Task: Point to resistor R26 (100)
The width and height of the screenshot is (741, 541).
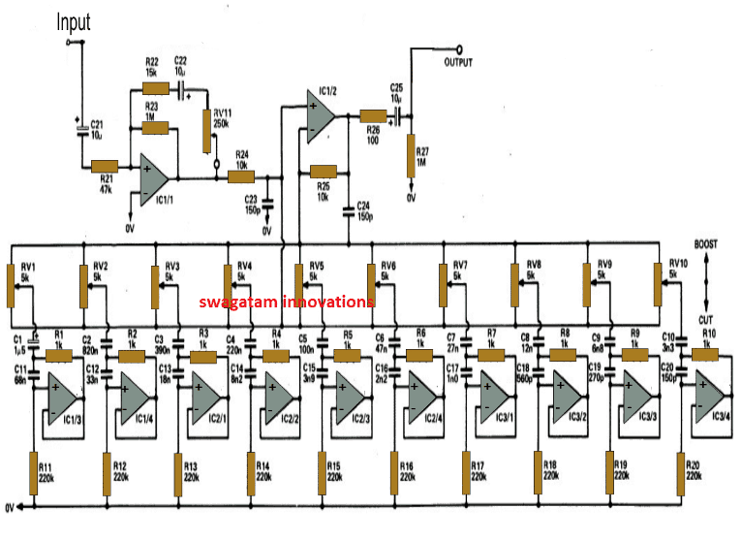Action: [x=373, y=116]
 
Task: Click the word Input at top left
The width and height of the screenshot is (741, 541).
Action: [x=74, y=21]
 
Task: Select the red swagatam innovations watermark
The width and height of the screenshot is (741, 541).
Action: [x=287, y=302]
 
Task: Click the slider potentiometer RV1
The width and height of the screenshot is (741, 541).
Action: [x=12, y=282]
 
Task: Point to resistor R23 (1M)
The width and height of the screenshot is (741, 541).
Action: [x=153, y=126]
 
